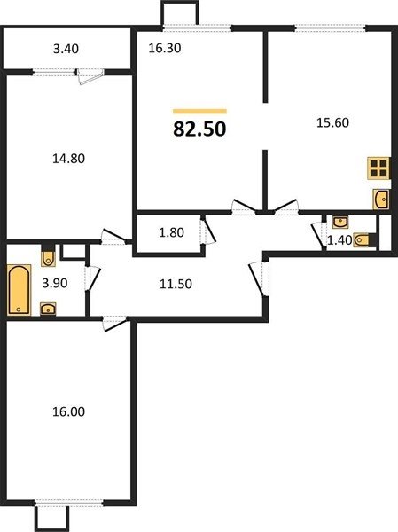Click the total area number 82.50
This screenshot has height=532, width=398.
coord(199,129)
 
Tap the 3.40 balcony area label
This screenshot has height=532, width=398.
coord(66,49)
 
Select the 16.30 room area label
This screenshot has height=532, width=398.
coord(165,48)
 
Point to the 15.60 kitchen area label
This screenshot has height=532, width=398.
coord(332,122)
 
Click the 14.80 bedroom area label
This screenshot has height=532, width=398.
coord(68,159)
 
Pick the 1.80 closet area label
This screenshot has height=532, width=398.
coord(171,232)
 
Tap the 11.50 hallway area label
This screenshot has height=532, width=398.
coord(176,284)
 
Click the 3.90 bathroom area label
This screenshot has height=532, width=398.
coord(55,283)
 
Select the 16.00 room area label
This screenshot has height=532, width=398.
coord(68,411)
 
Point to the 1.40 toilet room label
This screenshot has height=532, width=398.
coord(339,240)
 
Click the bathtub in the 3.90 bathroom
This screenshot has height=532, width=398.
coord(19,289)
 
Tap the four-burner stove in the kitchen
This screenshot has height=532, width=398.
coord(378,168)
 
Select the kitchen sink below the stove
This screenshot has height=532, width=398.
coord(380,199)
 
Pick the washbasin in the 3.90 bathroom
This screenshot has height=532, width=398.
coord(48,309)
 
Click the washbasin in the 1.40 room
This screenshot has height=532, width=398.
coord(339,222)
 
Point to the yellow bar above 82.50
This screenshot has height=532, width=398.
coord(199,111)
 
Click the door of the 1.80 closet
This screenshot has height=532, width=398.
coord(207,231)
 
